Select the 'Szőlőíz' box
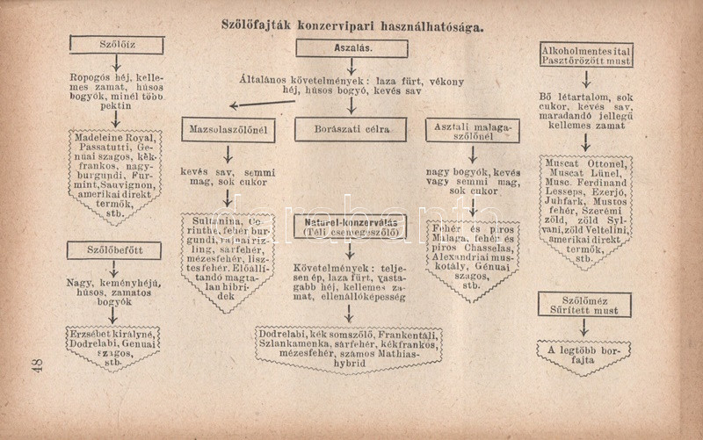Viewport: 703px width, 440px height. (x=117, y=46)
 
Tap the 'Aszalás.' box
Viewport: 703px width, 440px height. (x=351, y=49)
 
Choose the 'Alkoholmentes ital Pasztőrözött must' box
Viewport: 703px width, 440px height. (x=586, y=55)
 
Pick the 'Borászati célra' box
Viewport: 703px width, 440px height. (x=350, y=129)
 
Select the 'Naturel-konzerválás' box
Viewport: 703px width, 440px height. (x=350, y=227)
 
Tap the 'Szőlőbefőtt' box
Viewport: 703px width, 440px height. (x=114, y=250)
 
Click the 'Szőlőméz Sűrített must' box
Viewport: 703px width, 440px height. (x=585, y=305)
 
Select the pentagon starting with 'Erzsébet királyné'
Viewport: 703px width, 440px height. (x=113, y=345)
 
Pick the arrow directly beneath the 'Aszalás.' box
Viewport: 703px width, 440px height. (x=351, y=67)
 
